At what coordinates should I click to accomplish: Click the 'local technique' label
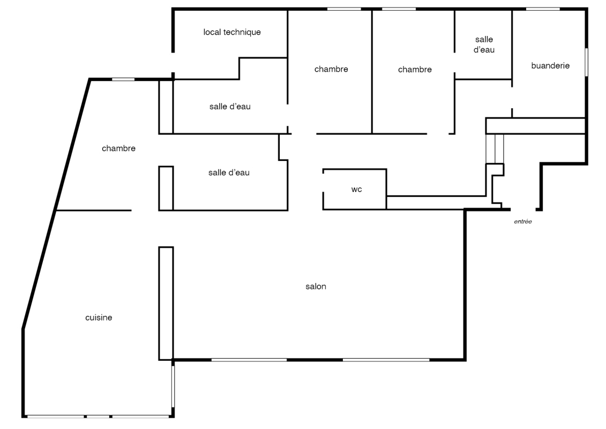tap(232, 32)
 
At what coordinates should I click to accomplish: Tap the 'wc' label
tap(356, 189)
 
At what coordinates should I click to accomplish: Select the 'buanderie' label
tap(550, 66)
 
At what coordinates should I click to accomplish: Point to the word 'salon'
tap(316, 287)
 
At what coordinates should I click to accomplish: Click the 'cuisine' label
tap(99, 317)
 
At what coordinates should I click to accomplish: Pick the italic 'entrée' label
tap(523, 221)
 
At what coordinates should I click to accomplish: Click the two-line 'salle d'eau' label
tap(484, 45)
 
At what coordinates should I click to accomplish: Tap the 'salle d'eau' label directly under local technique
tap(230, 106)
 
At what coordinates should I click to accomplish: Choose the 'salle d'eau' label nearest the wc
tap(229, 173)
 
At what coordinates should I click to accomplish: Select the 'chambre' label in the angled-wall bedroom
tap(118, 149)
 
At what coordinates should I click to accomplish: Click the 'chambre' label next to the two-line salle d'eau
tap(415, 70)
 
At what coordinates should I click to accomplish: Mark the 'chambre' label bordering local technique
tap(331, 69)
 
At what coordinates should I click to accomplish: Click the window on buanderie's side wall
tap(586, 62)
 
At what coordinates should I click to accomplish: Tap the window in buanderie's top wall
tap(543, 9)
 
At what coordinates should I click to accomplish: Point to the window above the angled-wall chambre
tap(123, 79)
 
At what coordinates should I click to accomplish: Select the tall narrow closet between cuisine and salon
tap(166, 304)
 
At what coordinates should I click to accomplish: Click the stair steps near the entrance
tap(495, 149)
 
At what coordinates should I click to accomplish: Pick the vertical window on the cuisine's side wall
tap(173, 387)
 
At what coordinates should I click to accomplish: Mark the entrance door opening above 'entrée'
tap(523, 210)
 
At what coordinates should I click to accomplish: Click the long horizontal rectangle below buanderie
tap(535, 126)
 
